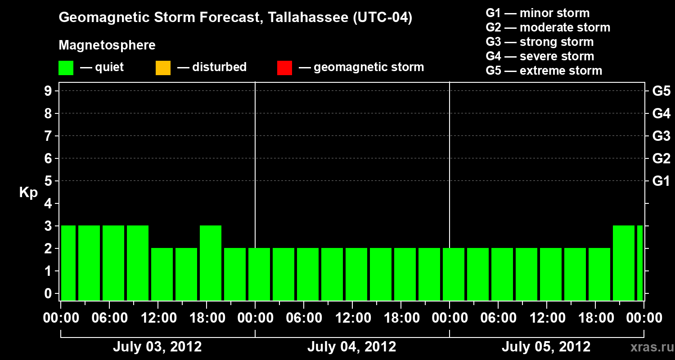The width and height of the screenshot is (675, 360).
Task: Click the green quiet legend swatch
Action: [66, 68]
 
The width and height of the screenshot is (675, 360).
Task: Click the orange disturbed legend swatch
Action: [163, 68]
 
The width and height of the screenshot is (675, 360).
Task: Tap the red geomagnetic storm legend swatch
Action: [284, 68]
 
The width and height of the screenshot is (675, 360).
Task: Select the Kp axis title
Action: [28, 193]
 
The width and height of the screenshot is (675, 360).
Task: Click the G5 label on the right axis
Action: [661, 91]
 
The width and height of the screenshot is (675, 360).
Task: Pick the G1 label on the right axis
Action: [661, 181]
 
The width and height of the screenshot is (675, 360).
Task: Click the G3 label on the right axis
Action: [661, 136]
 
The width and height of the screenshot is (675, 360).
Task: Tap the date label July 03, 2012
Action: [157, 347]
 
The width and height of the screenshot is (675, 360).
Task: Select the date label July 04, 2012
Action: [351, 347]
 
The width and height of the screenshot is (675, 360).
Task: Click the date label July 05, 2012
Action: [546, 347]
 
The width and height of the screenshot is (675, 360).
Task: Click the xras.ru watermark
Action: [648, 347]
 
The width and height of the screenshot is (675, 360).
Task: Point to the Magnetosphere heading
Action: [107, 45]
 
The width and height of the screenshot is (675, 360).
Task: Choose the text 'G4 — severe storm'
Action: [540, 56]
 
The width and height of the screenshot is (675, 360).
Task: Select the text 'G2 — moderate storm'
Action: [548, 27]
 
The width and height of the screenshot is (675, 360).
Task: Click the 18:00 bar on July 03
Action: [211, 263]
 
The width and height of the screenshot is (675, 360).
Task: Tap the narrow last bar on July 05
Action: [640, 263]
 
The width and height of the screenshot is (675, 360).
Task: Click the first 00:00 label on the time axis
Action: [60, 318]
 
